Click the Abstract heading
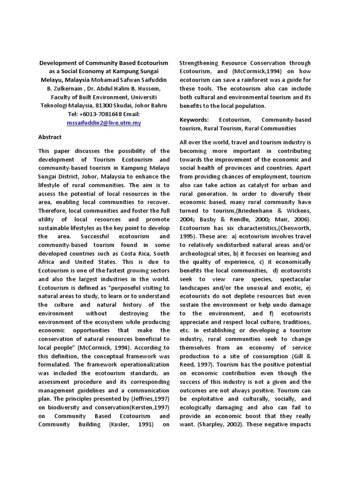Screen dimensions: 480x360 tap(50, 137)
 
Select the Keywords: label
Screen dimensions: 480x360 tap(194, 120)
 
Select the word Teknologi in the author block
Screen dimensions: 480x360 tap(53, 105)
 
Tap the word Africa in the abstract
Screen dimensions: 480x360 tap(47, 262)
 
